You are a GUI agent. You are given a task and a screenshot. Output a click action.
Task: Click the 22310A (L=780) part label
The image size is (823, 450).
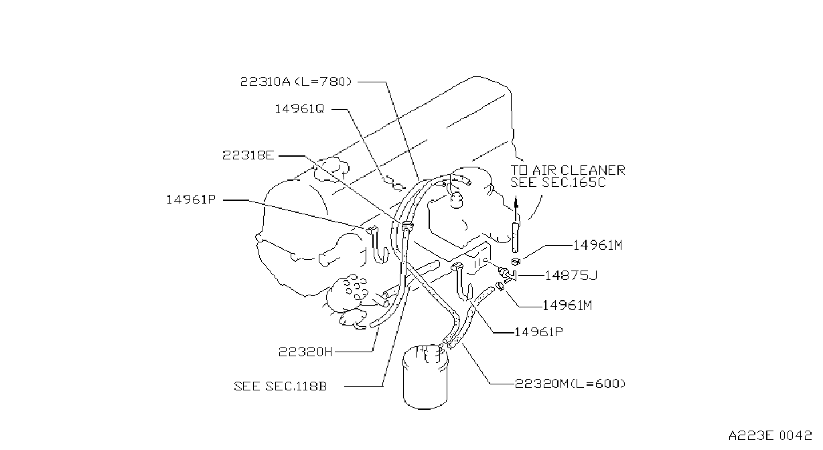pyautogui.click(x=296, y=82)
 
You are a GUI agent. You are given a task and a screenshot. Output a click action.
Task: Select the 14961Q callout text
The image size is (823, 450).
pyautogui.click(x=299, y=109)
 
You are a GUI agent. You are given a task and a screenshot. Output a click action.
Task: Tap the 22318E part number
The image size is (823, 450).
pyautogui.click(x=248, y=155)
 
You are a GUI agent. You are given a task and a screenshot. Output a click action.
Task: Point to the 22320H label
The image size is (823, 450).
pyautogui.click(x=305, y=352)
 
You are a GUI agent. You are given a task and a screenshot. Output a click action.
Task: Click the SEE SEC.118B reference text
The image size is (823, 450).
pyautogui.click(x=281, y=386)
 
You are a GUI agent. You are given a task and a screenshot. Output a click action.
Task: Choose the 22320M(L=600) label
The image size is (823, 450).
pyautogui.click(x=570, y=384)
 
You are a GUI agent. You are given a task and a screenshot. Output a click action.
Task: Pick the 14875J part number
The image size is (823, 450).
pyautogui.click(x=571, y=275)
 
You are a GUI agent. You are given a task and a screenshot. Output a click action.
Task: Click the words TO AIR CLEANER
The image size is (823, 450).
pyautogui.click(x=568, y=170)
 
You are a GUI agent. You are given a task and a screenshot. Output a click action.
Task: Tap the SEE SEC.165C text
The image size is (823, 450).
pyautogui.click(x=558, y=182)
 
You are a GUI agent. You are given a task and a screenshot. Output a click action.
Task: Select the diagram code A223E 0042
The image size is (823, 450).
pyautogui.click(x=770, y=435)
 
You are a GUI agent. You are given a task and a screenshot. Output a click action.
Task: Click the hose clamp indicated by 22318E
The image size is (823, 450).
pyautogui.click(x=406, y=226)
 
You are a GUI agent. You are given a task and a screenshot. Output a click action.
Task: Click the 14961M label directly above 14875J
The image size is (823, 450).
pyautogui.click(x=598, y=245)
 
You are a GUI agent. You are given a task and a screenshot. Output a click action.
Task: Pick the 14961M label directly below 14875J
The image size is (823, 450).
pyautogui.click(x=567, y=305)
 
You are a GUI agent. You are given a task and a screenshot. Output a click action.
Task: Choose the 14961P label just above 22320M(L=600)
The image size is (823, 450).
pyautogui.click(x=538, y=332)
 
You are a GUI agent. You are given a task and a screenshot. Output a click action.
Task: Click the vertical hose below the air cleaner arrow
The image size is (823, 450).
pyautogui.click(x=515, y=237)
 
